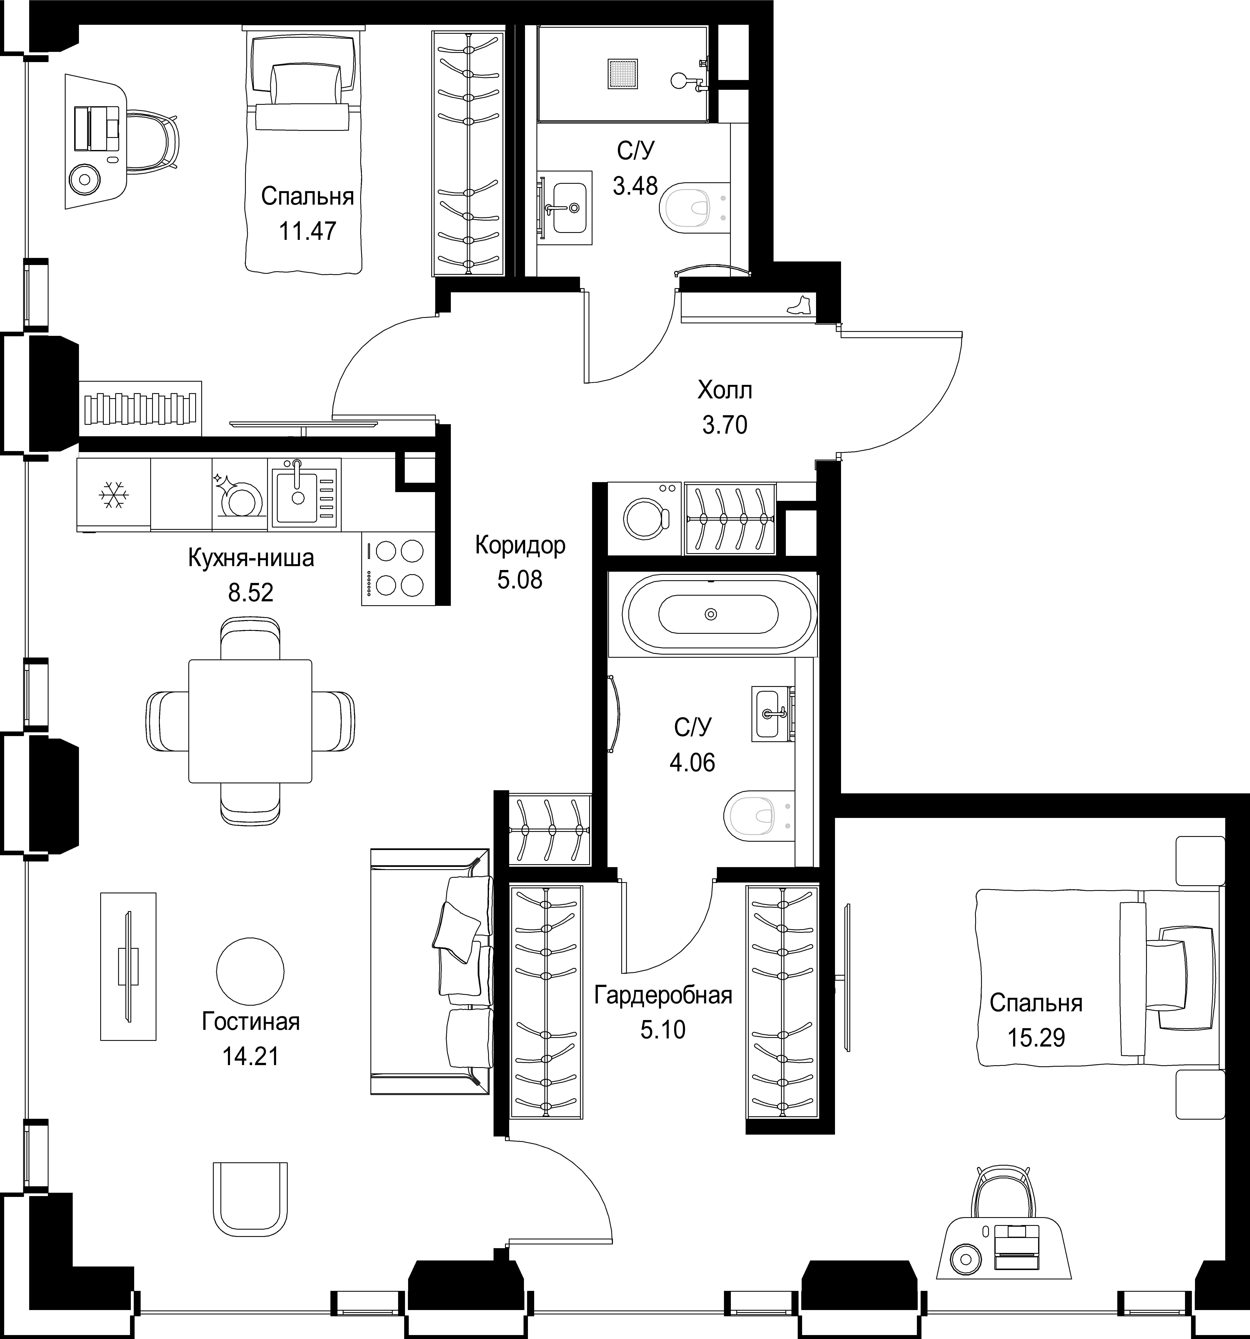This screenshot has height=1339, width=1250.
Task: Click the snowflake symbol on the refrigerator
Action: (113, 495)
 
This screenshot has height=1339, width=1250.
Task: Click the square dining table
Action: (250, 721)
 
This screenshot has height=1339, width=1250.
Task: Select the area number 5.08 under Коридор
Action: (519, 579)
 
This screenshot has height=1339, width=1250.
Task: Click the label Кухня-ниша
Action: (251, 558)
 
